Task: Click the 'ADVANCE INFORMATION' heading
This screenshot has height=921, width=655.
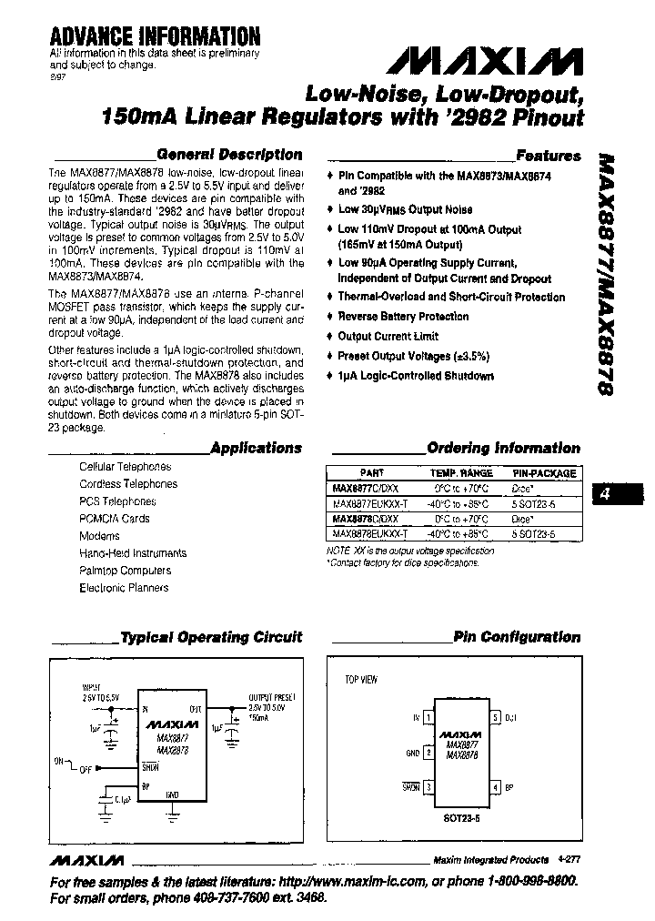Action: pyautogui.click(x=155, y=36)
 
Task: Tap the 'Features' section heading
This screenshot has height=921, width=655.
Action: pyautogui.click(x=548, y=156)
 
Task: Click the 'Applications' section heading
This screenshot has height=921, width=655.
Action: pyautogui.click(x=256, y=448)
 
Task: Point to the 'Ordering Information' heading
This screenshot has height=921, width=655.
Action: pyautogui.click(x=503, y=448)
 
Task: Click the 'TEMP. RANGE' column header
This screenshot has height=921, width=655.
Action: pyautogui.click(x=461, y=473)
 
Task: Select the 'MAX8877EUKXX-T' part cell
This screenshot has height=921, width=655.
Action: pyautogui.click(x=370, y=503)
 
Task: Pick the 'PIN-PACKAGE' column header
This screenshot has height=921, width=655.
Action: pyautogui.click(x=544, y=473)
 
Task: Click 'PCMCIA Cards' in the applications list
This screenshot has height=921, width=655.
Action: pyautogui.click(x=114, y=519)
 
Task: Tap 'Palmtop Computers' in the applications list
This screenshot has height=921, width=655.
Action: pyautogui.click(x=125, y=571)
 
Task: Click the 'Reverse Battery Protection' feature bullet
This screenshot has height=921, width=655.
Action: pyautogui.click(x=403, y=317)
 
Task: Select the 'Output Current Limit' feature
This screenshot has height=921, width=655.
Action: pyautogui.click(x=388, y=337)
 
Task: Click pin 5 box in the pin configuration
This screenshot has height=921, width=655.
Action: pyautogui.click(x=496, y=717)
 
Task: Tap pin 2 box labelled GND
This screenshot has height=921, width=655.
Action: pyautogui.click(x=428, y=753)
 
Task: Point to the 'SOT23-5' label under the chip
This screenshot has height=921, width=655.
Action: pyautogui.click(x=462, y=816)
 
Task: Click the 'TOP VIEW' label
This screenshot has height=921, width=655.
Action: pyautogui.click(x=360, y=680)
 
